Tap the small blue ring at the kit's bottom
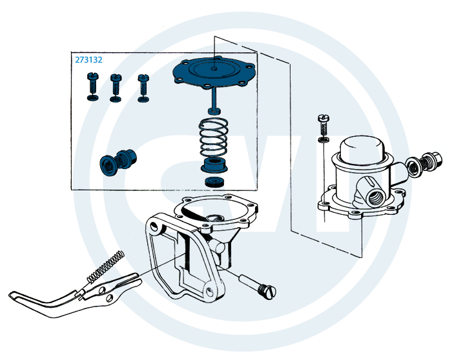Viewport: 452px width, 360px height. coord(214,183)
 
